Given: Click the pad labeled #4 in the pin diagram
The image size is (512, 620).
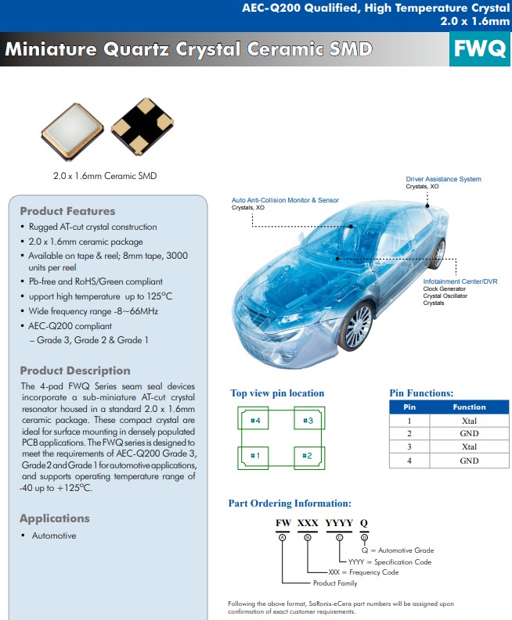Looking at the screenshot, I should (x=254, y=421).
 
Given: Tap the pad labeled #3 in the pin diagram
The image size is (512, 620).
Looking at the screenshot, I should (x=308, y=421).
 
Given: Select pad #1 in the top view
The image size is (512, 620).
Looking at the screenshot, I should (x=254, y=455).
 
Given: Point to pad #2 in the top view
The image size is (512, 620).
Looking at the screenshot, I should (x=308, y=455).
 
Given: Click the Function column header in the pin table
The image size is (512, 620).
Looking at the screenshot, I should (x=469, y=407).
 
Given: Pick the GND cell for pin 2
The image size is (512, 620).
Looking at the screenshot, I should (x=469, y=434).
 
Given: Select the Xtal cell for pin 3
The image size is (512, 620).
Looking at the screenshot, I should (x=469, y=447).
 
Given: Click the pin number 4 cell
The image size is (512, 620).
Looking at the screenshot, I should (x=409, y=461).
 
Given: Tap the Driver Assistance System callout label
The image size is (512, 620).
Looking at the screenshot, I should (x=443, y=179).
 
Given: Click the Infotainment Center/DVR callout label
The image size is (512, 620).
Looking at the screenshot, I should (x=460, y=281).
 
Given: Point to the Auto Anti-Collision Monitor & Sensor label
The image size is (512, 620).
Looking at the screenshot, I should (x=285, y=200).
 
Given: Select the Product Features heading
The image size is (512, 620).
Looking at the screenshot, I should (x=67, y=211).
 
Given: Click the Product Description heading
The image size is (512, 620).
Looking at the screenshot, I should (x=75, y=371).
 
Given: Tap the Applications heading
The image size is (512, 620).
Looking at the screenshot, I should (x=55, y=518).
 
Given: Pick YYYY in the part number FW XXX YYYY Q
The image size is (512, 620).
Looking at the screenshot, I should (x=339, y=522).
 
